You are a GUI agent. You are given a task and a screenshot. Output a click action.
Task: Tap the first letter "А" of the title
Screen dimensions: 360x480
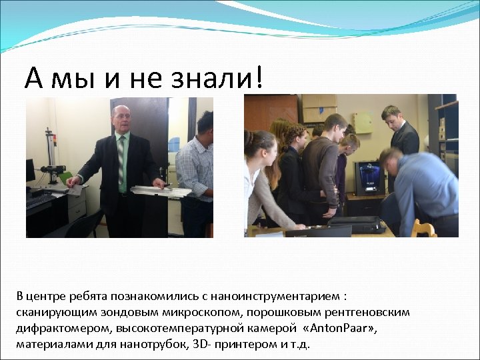(33, 78)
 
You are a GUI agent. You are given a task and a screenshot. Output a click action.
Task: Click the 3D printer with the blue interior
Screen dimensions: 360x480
(367, 178)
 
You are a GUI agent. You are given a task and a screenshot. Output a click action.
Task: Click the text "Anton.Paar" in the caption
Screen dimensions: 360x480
(339, 328)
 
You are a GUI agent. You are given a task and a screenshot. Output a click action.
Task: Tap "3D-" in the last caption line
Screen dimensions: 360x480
(221, 344)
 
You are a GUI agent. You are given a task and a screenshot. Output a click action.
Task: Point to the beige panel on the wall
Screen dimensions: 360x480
(363, 122)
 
